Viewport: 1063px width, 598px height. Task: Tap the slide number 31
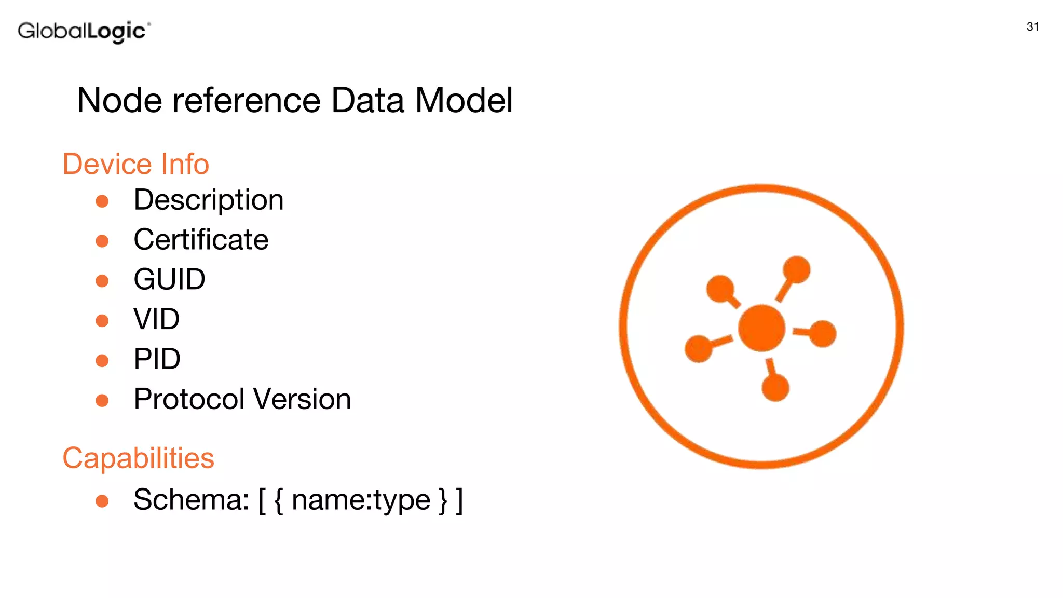click(x=1032, y=27)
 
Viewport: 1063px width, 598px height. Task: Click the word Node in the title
click(x=119, y=100)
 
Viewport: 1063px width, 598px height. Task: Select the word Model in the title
click(x=464, y=100)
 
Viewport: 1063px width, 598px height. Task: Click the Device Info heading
click(x=135, y=165)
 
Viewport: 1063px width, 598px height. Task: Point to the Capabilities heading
click(x=138, y=458)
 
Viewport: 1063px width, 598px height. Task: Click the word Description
click(x=209, y=200)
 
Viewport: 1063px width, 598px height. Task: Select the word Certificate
click(x=201, y=240)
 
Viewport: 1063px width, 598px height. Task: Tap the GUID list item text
click(x=169, y=280)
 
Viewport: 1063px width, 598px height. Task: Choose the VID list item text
click(x=156, y=319)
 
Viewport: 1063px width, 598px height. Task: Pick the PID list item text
click(x=157, y=359)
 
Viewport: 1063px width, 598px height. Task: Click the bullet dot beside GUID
click(x=102, y=281)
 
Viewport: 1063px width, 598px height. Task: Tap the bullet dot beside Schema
click(x=102, y=501)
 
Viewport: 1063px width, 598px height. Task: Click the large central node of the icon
click(x=761, y=328)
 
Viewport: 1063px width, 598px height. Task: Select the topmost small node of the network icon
click(x=796, y=270)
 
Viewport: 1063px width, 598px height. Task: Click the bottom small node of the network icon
click(x=775, y=387)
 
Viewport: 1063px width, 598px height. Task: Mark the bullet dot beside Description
click(x=102, y=201)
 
